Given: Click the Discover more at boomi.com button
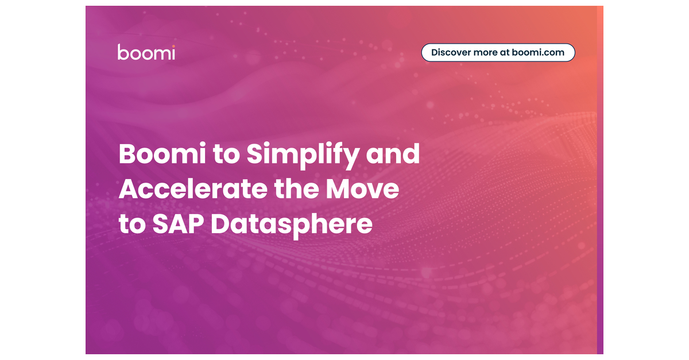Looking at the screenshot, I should (498, 52).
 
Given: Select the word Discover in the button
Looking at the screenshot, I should (451, 52).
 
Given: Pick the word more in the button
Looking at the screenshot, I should (486, 52).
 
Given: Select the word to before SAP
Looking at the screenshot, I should (132, 224).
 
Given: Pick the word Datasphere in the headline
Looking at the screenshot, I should (291, 224).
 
